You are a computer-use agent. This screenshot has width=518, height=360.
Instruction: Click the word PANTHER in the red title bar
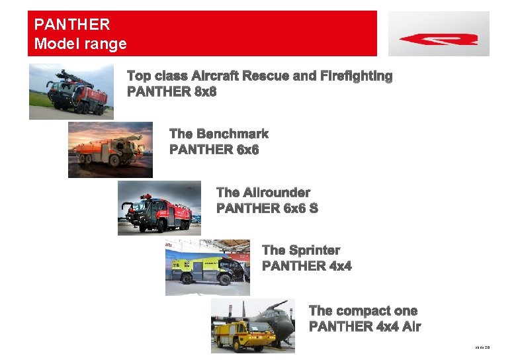tap(71, 25)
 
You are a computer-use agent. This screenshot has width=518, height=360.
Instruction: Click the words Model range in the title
tap(80, 44)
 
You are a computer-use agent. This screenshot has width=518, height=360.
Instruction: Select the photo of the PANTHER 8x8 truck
tap(71, 91)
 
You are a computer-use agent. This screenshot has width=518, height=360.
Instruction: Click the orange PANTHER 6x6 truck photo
tap(110, 150)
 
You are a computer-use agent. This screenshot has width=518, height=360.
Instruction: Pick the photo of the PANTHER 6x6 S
tap(159, 208)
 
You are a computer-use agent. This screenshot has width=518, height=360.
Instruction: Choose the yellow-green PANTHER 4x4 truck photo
tap(207, 267)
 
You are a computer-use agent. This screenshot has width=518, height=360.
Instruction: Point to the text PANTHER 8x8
tap(171, 92)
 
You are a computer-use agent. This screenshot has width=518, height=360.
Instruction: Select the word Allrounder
tap(277, 193)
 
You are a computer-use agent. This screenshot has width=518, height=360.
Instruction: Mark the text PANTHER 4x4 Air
tap(365, 326)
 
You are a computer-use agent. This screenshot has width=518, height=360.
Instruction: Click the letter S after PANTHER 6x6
tap(313, 208)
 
